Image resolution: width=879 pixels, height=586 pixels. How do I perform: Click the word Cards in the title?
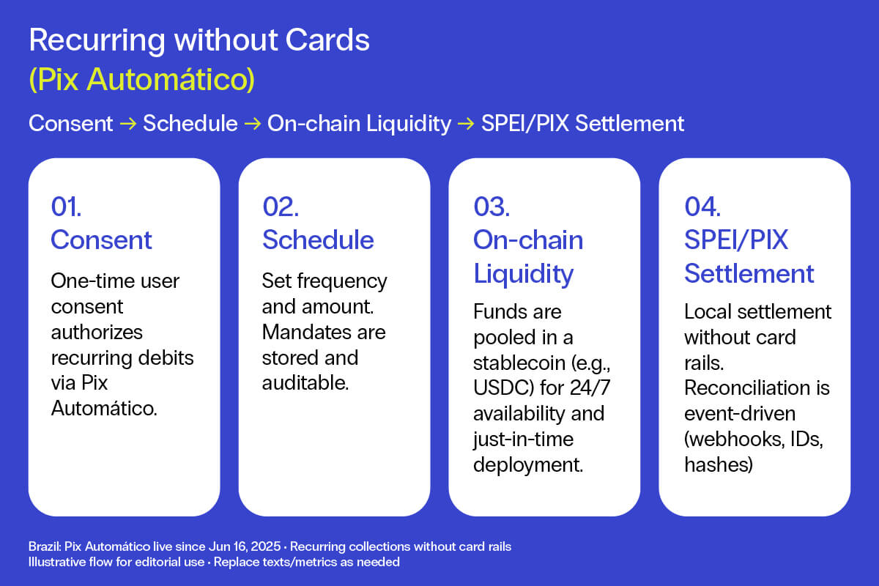[x=327, y=40]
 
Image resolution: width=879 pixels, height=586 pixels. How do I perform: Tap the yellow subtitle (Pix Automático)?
[x=142, y=79]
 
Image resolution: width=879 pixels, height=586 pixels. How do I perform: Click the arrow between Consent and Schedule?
[x=128, y=124]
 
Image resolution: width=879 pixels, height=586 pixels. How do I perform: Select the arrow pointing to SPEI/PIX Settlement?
[x=466, y=124]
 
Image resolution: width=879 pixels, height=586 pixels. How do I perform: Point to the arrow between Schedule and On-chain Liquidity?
[x=253, y=124]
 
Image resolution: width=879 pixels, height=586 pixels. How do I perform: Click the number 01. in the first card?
[x=66, y=207]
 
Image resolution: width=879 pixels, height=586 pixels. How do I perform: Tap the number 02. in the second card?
[x=281, y=207]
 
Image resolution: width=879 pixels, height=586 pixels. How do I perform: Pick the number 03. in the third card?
[x=492, y=207]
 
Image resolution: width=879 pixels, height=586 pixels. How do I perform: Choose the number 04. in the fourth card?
[x=702, y=207]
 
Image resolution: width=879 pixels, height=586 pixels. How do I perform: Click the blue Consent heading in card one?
[x=101, y=240]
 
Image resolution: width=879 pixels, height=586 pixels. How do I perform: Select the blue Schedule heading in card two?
[x=318, y=240]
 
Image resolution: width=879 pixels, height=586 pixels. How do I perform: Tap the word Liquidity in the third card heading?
[x=524, y=274]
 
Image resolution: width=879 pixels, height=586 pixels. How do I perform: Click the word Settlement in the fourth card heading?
[x=749, y=273]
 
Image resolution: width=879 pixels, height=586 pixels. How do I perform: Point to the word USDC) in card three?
[x=504, y=387]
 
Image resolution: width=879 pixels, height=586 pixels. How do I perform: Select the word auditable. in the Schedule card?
[x=305, y=382]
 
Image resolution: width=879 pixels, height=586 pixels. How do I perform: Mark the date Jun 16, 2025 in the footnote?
[x=245, y=546]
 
